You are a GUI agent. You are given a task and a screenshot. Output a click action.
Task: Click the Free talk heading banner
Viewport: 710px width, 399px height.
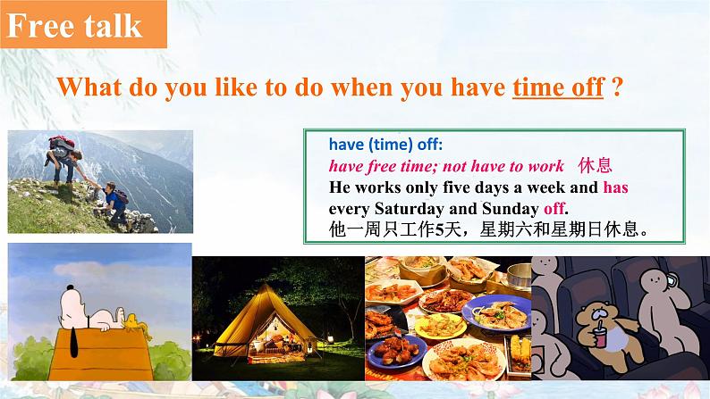tap(83, 24)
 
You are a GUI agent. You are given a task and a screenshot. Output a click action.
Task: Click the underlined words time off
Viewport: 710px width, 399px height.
tap(558, 87)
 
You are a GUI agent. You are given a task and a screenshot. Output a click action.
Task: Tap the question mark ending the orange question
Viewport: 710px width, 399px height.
tap(617, 87)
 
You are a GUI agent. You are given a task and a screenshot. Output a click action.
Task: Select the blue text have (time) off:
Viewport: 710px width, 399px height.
tap(385, 145)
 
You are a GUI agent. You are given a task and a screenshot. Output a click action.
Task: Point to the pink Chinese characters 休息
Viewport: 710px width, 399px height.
tap(595, 166)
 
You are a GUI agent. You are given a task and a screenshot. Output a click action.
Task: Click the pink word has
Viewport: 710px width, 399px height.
tap(615, 187)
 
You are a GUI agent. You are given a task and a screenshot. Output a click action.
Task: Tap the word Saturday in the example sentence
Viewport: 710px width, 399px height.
tap(410, 209)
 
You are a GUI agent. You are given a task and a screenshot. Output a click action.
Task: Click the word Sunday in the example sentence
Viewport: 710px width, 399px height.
tap(511, 209)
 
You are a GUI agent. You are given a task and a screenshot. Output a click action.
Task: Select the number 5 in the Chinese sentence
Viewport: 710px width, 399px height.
tap(439, 230)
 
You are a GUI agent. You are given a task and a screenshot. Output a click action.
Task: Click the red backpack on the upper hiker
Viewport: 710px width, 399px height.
tap(62, 143)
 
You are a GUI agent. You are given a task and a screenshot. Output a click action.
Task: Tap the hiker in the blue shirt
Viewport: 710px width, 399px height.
tap(113, 203)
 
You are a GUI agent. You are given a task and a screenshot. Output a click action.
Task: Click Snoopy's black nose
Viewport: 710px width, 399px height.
tap(69, 287)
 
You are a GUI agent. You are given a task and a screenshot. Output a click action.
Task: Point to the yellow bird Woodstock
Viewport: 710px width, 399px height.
tap(137, 325)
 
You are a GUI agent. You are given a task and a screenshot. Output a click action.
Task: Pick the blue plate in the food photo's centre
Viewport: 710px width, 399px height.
tap(496, 313)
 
